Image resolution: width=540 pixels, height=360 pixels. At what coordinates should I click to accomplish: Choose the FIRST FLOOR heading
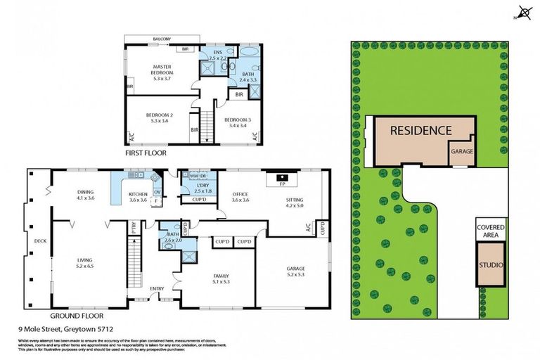tap(146, 152)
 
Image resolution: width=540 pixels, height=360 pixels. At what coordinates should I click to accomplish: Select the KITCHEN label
tap(138, 195)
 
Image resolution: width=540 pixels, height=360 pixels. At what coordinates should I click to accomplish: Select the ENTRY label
tap(156, 288)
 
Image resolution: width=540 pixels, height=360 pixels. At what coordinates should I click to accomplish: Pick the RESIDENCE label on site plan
tap(420, 130)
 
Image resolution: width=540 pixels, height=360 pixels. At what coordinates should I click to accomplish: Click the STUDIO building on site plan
tap(490, 265)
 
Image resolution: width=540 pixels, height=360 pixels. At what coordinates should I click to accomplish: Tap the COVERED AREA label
tap(490, 231)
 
